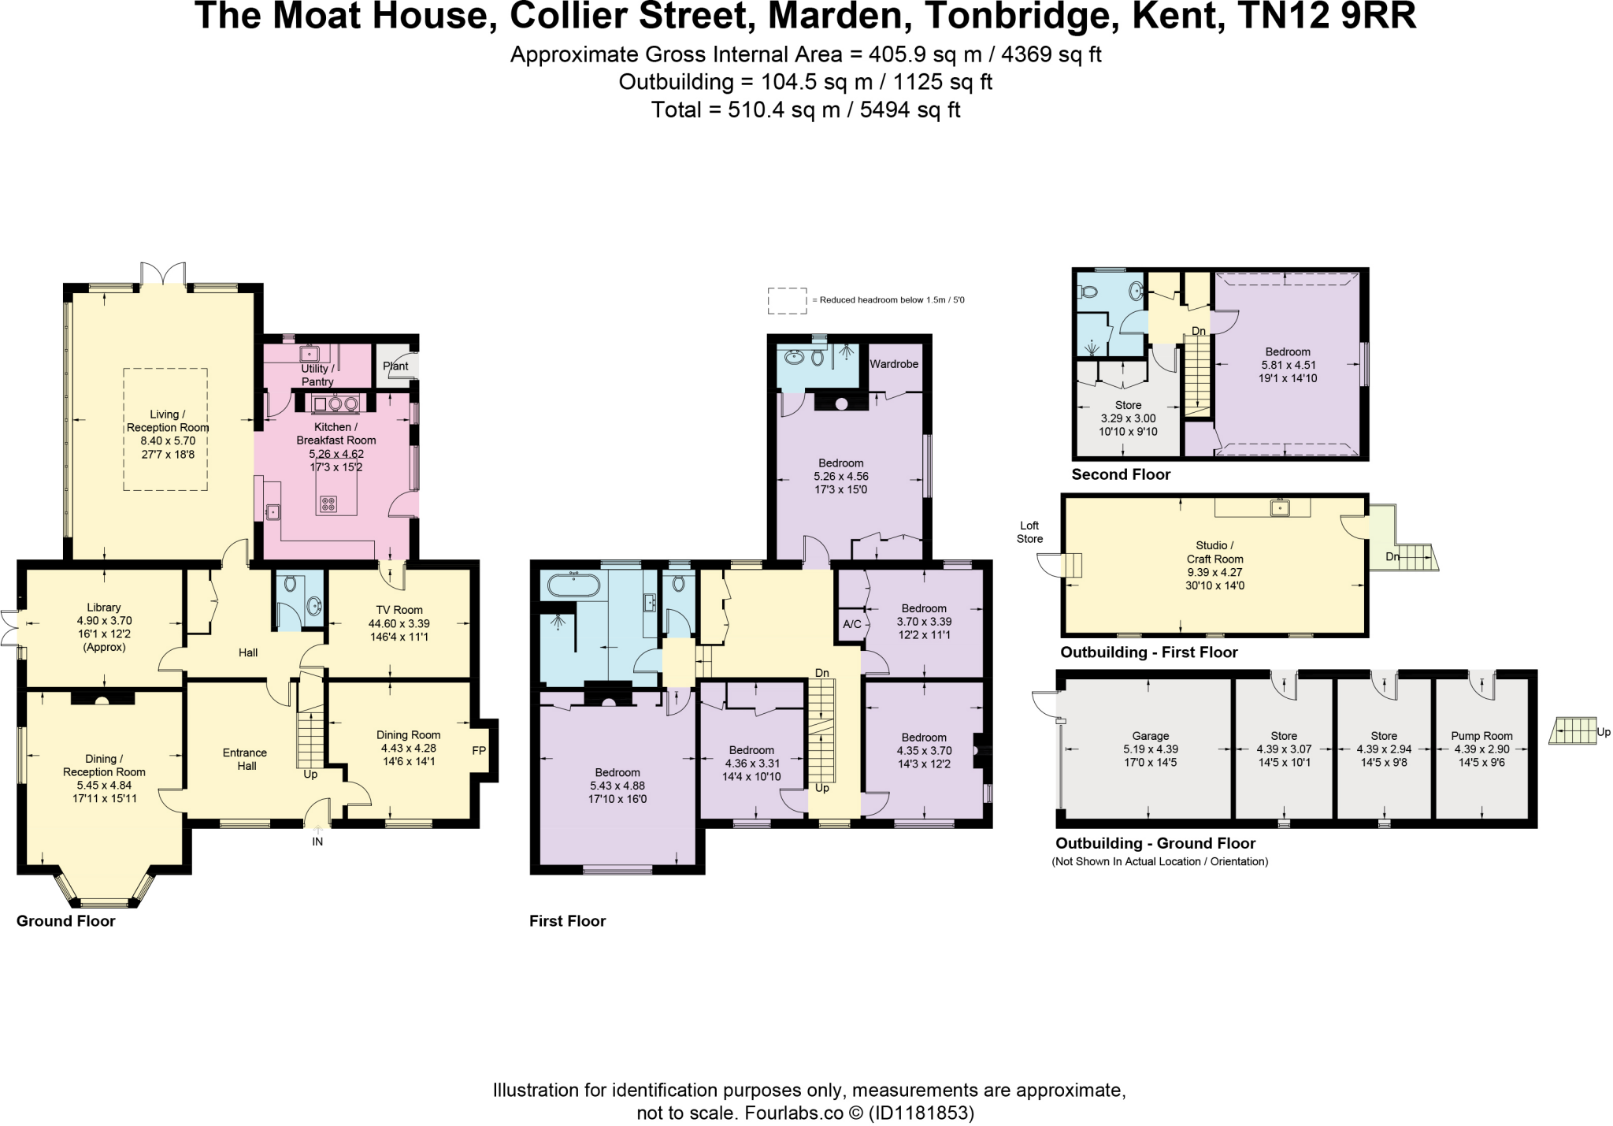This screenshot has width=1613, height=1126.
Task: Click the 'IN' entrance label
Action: pyautogui.click(x=317, y=842)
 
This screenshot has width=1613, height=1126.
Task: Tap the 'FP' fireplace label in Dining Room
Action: pyautogui.click(x=479, y=751)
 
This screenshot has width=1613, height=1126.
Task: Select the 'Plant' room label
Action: pyautogui.click(x=395, y=366)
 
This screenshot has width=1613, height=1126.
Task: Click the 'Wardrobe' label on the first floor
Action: pyautogui.click(x=894, y=364)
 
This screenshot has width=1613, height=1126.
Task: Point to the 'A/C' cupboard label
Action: pyautogui.click(x=851, y=625)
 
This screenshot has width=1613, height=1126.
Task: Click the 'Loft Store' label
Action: pyautogui.click(x=1029, y=533)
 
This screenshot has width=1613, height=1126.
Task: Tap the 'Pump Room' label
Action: pyautogui.click(x=1481, y=736)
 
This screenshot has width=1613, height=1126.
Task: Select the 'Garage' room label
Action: pyautogui.click(x=1151, y=736)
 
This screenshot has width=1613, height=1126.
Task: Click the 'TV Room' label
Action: pyautogui.click(x=399, y=610)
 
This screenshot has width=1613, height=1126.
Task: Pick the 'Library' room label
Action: pyautogui.click(x=104, y=608)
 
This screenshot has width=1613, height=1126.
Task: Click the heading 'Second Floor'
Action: pyautogui.click(x=1121, y=474)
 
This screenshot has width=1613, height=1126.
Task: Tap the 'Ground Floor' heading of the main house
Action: pyautogui.click(x=66, y=921)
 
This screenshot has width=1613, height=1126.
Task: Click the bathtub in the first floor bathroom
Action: pyautogui.click(x=573, y=585)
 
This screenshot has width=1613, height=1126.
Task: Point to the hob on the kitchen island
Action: pyautogui.click(x=328, y=503)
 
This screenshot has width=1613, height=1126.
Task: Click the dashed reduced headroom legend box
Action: pyautogui.click(x=787, y=300)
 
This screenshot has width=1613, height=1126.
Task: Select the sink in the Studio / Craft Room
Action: pyautogui.click(x=1280, y=507)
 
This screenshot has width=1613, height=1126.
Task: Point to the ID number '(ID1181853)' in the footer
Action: pyautogui.click(x=921, y=1113)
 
